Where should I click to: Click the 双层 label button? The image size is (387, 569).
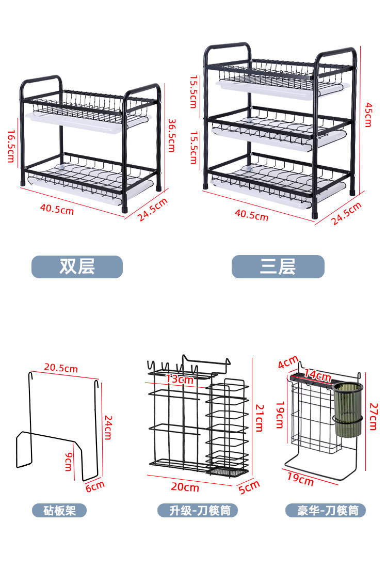(x=77, y=267)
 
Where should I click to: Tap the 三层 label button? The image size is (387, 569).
(x=278, y=267)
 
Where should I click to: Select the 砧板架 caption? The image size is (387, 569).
(x=59, y=511)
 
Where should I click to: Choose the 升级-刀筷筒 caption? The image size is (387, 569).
(x=197, y=511)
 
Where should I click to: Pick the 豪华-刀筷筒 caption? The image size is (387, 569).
(x=326, y=511)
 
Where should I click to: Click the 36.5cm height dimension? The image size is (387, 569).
(x=172, y=135)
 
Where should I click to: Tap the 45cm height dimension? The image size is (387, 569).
(x=368, y=114)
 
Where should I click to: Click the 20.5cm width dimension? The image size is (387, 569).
(x=61, y=368)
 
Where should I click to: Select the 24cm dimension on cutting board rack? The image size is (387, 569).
(x=107, y=426)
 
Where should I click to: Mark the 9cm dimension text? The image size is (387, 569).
(x=68, y=461)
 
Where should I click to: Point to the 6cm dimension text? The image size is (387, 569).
(x=95, y=486)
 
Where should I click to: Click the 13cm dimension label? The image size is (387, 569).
(x=179, y=380)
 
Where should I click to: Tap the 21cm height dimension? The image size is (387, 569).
(x=259, y=418)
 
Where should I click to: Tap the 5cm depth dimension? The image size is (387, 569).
(x=249, y=486)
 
